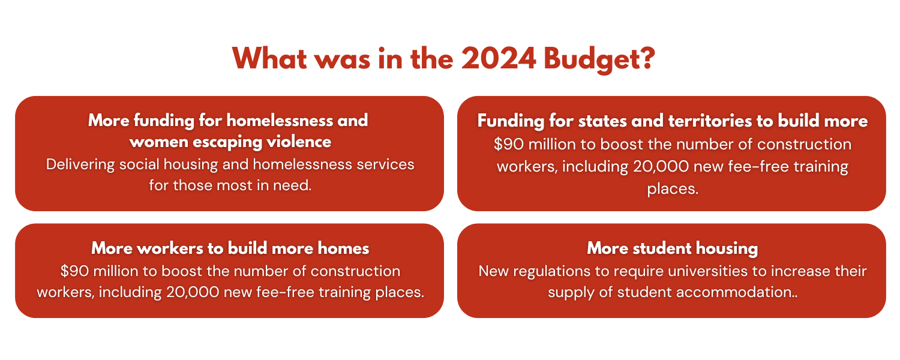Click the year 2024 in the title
(498, 59)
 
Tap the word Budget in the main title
(599, 59)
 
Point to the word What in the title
(269, 59)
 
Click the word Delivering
(80, 164)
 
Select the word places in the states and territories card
(673, 189)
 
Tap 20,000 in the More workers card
(193, 292)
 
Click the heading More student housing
(672, 249)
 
